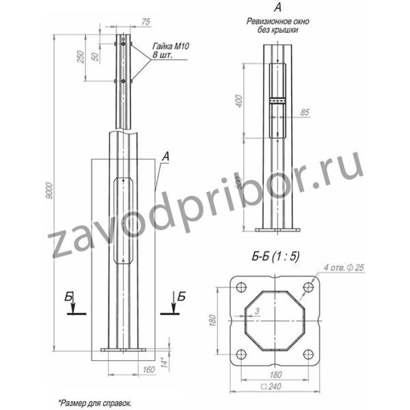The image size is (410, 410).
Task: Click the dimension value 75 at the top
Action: [145, 21]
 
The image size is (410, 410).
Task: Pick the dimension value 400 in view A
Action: [238, 101]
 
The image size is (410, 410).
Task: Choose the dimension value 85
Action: [305, 111]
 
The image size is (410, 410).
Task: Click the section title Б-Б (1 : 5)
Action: [275, 258]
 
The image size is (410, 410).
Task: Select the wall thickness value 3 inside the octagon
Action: [257, 312]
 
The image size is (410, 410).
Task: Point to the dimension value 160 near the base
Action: [150, 370]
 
